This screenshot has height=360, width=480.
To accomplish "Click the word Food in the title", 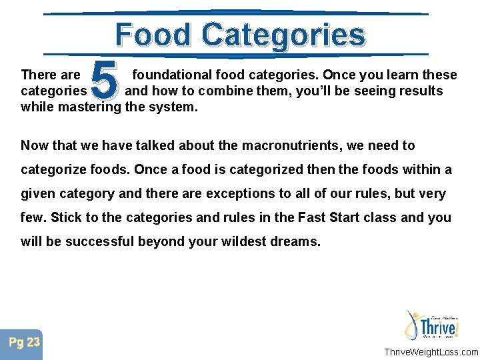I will click(x=154, y=34).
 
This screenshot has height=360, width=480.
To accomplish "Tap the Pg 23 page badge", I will click(x=24, y=343).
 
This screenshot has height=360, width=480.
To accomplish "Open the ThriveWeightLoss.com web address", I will click(x=430, y=352).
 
